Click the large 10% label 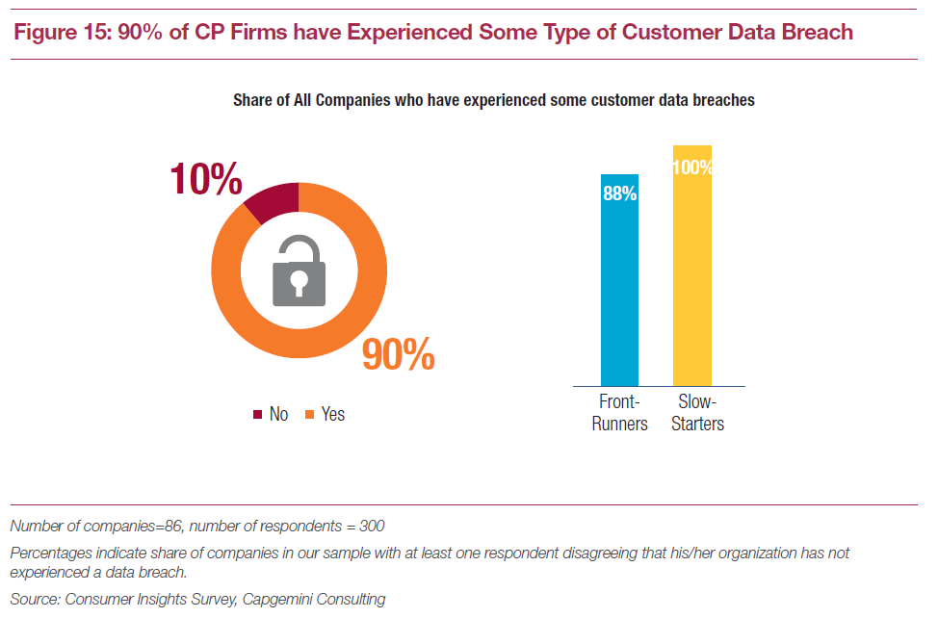tap(205, 180)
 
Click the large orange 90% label tap(398, 355)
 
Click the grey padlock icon tap(300, 270)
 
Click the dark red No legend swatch tap(257, 415)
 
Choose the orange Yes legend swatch tap(309, 415)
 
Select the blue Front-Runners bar tap(619, 289)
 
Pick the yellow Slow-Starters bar tap(691, 279)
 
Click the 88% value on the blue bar tap(619, 193)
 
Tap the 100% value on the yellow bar tap(692, 167)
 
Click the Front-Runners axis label tap(619, 412)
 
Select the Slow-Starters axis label tap(697, 412)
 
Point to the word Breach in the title tap(816, 32)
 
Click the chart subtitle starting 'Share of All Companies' tap(493, 100)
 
